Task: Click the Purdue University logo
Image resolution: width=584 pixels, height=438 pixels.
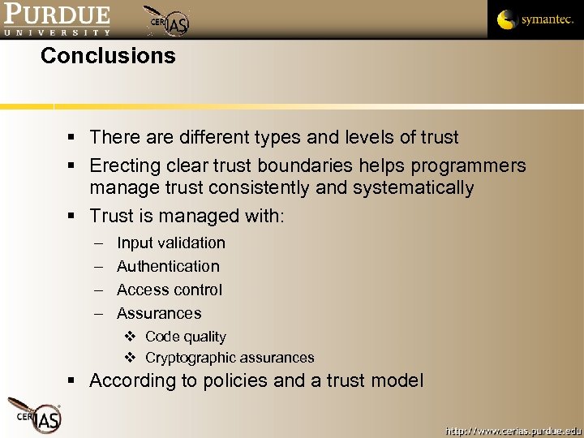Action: click(57, 19)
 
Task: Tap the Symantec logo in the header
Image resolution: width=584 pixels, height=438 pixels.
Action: click(535, 19)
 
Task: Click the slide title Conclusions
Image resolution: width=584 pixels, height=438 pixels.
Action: click(108, 56)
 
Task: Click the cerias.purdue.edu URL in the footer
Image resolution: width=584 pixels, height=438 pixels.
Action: click(513, 429)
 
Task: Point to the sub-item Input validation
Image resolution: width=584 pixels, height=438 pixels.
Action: click(171, 243)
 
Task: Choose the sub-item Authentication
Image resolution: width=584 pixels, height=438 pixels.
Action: click(168, 266)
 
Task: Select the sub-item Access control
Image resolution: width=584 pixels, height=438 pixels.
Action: click(170, 290)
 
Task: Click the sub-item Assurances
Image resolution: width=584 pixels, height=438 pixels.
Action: click(159, 313)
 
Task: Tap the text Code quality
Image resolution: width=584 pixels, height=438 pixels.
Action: click(186, 337)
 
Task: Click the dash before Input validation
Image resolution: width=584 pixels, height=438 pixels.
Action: click(99, 243)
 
